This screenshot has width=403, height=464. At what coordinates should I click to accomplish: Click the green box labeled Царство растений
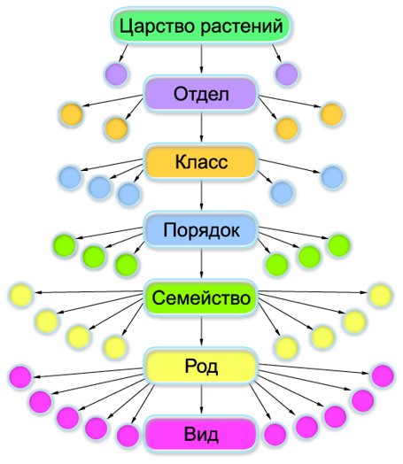point(201,26)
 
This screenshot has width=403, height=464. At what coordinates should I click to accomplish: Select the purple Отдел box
point(201,94)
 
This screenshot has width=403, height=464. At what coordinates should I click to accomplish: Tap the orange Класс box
point(201,162)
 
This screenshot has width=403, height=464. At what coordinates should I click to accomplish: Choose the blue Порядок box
point(201,230)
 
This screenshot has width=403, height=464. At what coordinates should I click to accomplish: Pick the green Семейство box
point(201,298)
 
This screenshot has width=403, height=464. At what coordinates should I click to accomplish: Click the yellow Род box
point(201,366)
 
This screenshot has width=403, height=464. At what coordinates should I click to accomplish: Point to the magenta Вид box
point(201,434)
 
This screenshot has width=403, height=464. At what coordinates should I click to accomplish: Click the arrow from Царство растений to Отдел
point(202,58)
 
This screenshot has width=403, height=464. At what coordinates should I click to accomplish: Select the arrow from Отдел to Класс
point(202,127)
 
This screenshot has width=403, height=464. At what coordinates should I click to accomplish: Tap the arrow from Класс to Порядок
point(202,195)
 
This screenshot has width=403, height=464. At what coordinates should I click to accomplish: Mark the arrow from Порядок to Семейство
point(202,263)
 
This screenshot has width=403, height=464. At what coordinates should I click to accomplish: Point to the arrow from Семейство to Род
point(202,331)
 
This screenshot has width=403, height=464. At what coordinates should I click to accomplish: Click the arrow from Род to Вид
point(202,398)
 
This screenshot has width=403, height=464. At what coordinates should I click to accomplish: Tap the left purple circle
point(116,74)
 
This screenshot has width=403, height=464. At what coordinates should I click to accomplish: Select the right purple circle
point(286,74)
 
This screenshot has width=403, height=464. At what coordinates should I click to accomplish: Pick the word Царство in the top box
point(157,26)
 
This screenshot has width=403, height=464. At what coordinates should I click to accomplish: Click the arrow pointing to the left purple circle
point(123,53)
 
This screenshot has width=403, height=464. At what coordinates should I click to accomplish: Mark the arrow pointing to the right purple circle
point(277,53)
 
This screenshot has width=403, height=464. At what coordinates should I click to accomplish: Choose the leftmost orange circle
point(72,114)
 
